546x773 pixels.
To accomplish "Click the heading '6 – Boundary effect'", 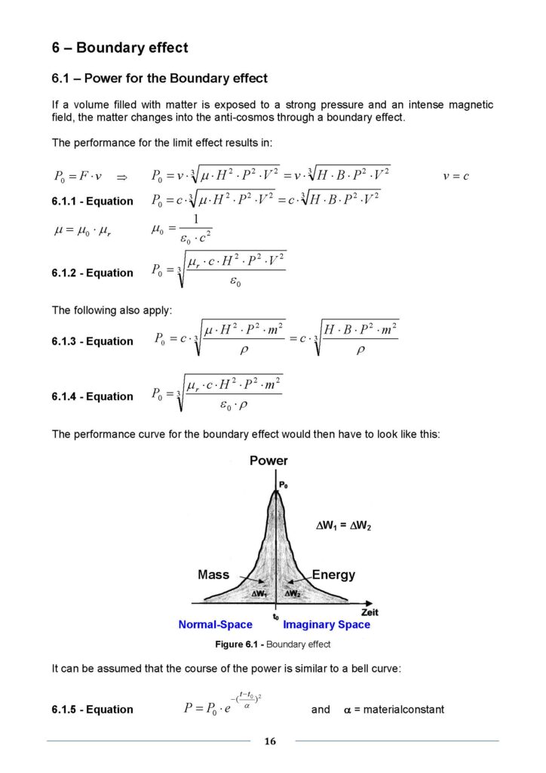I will click(x=119, y=48).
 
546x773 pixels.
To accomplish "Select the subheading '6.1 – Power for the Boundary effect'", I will click(x=159, y=79).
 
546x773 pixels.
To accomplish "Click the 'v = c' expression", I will click(x=456, y=177).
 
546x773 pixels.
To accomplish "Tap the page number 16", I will click(x=270, y=741).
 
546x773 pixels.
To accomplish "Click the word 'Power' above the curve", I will click(x=268, y=460).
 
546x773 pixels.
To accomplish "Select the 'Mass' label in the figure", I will click(x=213, y=575).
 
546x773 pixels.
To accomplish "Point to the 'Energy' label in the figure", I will click(x=333, y=575).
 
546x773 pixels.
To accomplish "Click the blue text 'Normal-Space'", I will click(x=215, y=625).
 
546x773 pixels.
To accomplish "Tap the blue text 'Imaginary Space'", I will click(x=327, y=625).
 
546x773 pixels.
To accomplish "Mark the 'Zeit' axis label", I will click(x=370, y=613).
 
